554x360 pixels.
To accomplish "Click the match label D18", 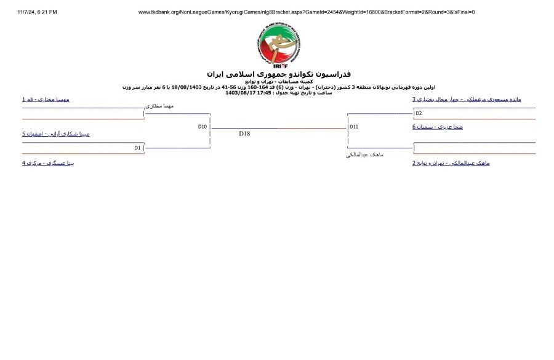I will (244, 133).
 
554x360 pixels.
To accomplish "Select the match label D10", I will (202, 126).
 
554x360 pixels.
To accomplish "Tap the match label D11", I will (353, 127).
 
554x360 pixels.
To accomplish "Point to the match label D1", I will (138, 148).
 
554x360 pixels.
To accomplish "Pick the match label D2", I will (418, 113).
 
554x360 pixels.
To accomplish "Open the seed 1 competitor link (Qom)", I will (46, 99).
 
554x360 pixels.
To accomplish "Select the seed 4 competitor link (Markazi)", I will (48, 163).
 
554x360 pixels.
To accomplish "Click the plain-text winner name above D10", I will (159, 106).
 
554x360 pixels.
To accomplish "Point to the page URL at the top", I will (307, 12).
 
